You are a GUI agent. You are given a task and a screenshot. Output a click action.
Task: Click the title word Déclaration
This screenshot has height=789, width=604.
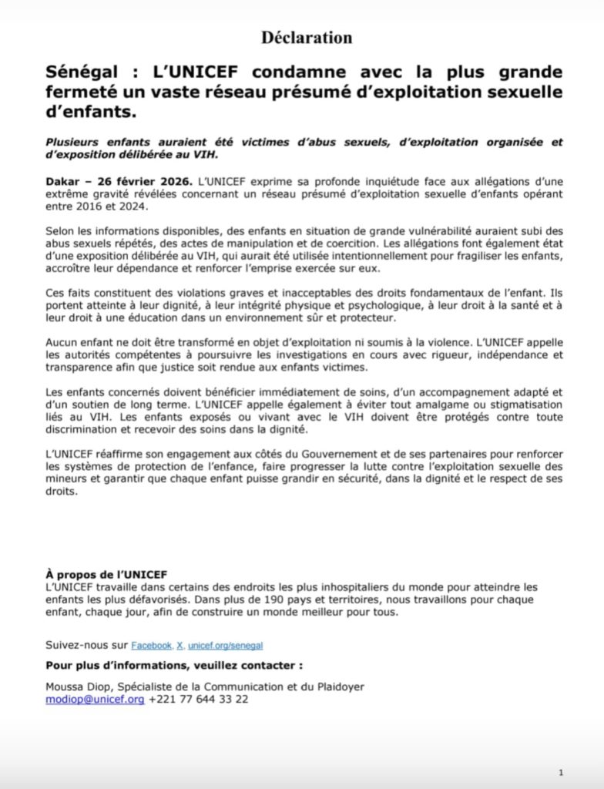tap(307, 37)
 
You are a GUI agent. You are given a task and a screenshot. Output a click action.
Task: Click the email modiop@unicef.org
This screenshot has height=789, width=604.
tap(96, 700)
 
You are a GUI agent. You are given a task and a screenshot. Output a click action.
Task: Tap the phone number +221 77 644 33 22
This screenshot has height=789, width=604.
tap(199, 700)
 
